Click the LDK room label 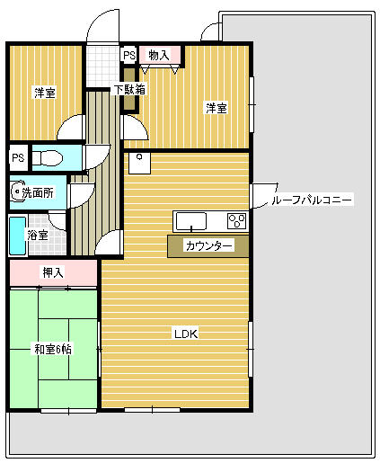click(185, 334)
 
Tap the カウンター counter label click(208, 245)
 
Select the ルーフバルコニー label click(313, 200)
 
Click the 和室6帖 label click(53, 349)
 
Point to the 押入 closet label click(53, 272)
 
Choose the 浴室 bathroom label click(37, 236)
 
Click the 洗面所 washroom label click(38, 192)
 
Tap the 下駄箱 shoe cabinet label click(130, 90)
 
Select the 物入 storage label click(158, 56)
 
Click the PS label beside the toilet click(18, 158)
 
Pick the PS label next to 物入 click(129, 56)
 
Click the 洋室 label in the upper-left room click(46, 93)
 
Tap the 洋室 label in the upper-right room click(216, 108)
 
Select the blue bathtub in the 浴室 click(16, 236)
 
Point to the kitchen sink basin click(191, 221)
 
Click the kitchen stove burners click(237, 221)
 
